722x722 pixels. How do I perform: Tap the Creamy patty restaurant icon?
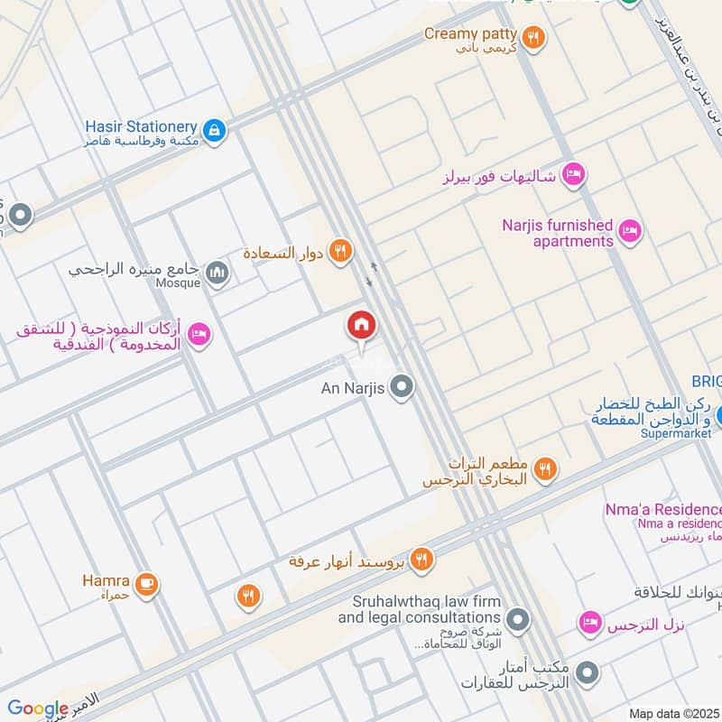click(534, 37)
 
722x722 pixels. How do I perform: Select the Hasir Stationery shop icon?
click(214, 131)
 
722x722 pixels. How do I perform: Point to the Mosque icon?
click(217, 273)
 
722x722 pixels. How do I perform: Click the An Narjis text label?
click(354, 389)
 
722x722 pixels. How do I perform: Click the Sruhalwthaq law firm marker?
click(517, 620)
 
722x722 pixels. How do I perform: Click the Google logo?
click(38, 708)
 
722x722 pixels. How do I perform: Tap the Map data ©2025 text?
click(673, 713)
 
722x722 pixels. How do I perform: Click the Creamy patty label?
click(471, 34)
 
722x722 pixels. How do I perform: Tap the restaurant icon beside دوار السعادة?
click(339, 252)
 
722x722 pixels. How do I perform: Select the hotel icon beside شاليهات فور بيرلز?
click(573, 174)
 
